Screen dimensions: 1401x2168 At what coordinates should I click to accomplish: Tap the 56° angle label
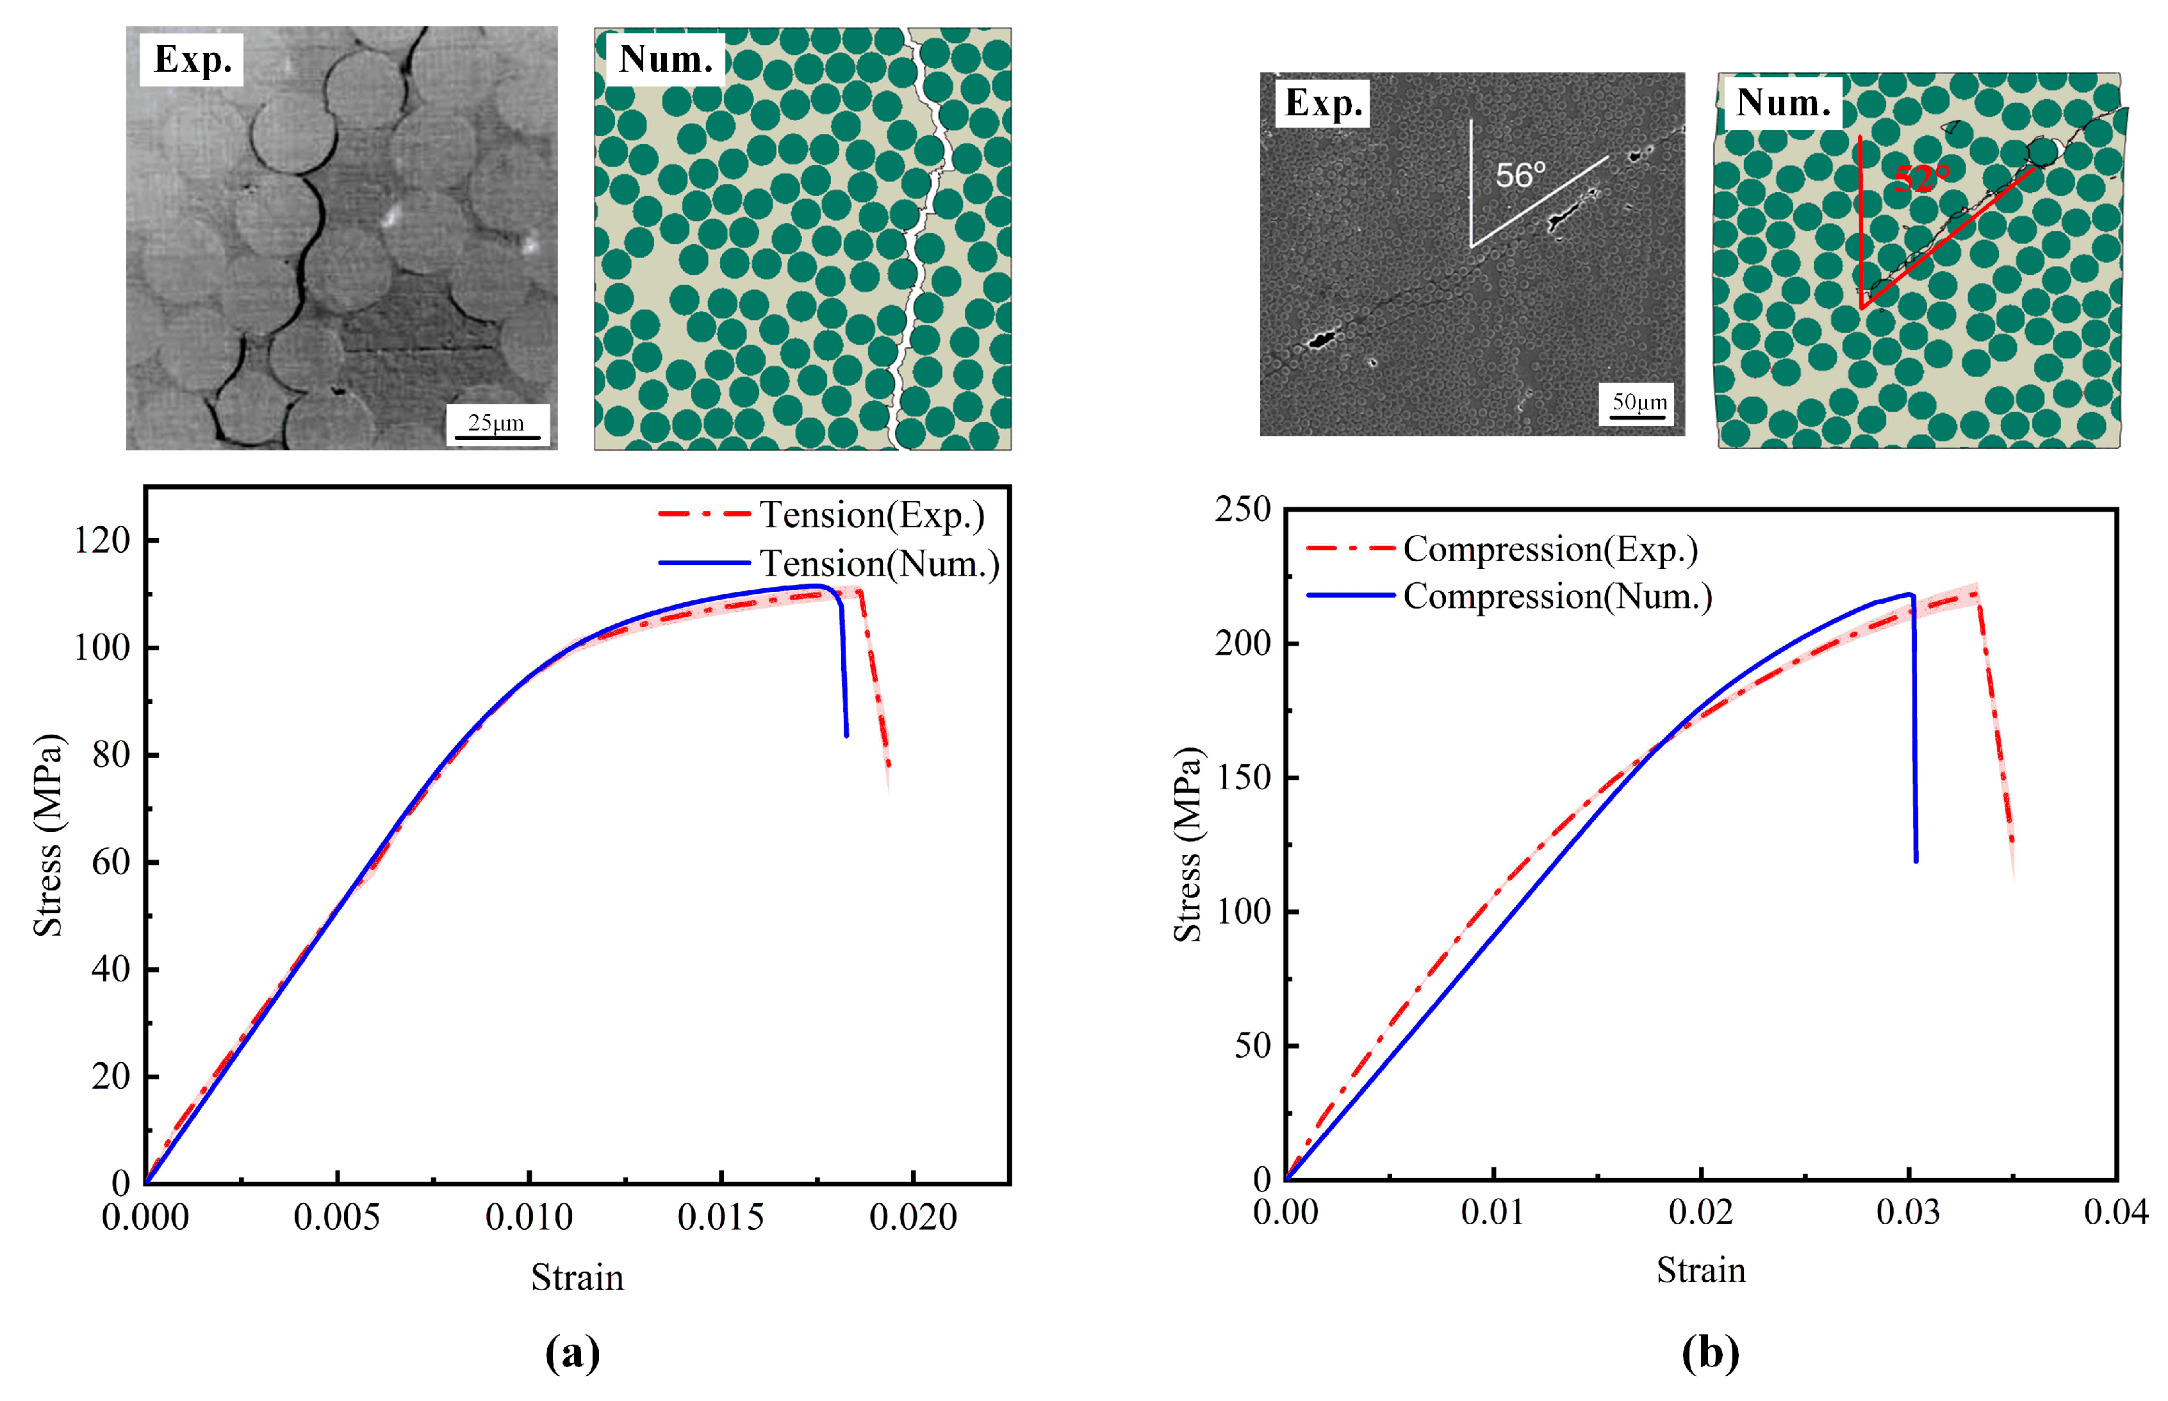[1520, 175]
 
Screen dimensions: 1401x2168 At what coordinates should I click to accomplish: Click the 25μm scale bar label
[496, 423]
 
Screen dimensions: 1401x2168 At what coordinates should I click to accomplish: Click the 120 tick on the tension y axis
[102, 541]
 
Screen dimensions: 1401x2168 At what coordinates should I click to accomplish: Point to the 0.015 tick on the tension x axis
[721, 1217]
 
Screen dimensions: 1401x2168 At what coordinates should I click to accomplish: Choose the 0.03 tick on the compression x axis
[1908, 1212]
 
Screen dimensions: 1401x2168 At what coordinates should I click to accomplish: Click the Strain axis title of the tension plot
[578, 1278]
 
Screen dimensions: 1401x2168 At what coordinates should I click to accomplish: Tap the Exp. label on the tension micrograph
[193, 60]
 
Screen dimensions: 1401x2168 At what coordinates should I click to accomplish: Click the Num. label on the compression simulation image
[1783, 102]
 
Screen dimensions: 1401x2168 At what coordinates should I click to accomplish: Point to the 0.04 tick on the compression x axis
[2115, 1212]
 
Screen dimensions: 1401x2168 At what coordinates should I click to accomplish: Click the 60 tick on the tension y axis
[110, 862]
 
